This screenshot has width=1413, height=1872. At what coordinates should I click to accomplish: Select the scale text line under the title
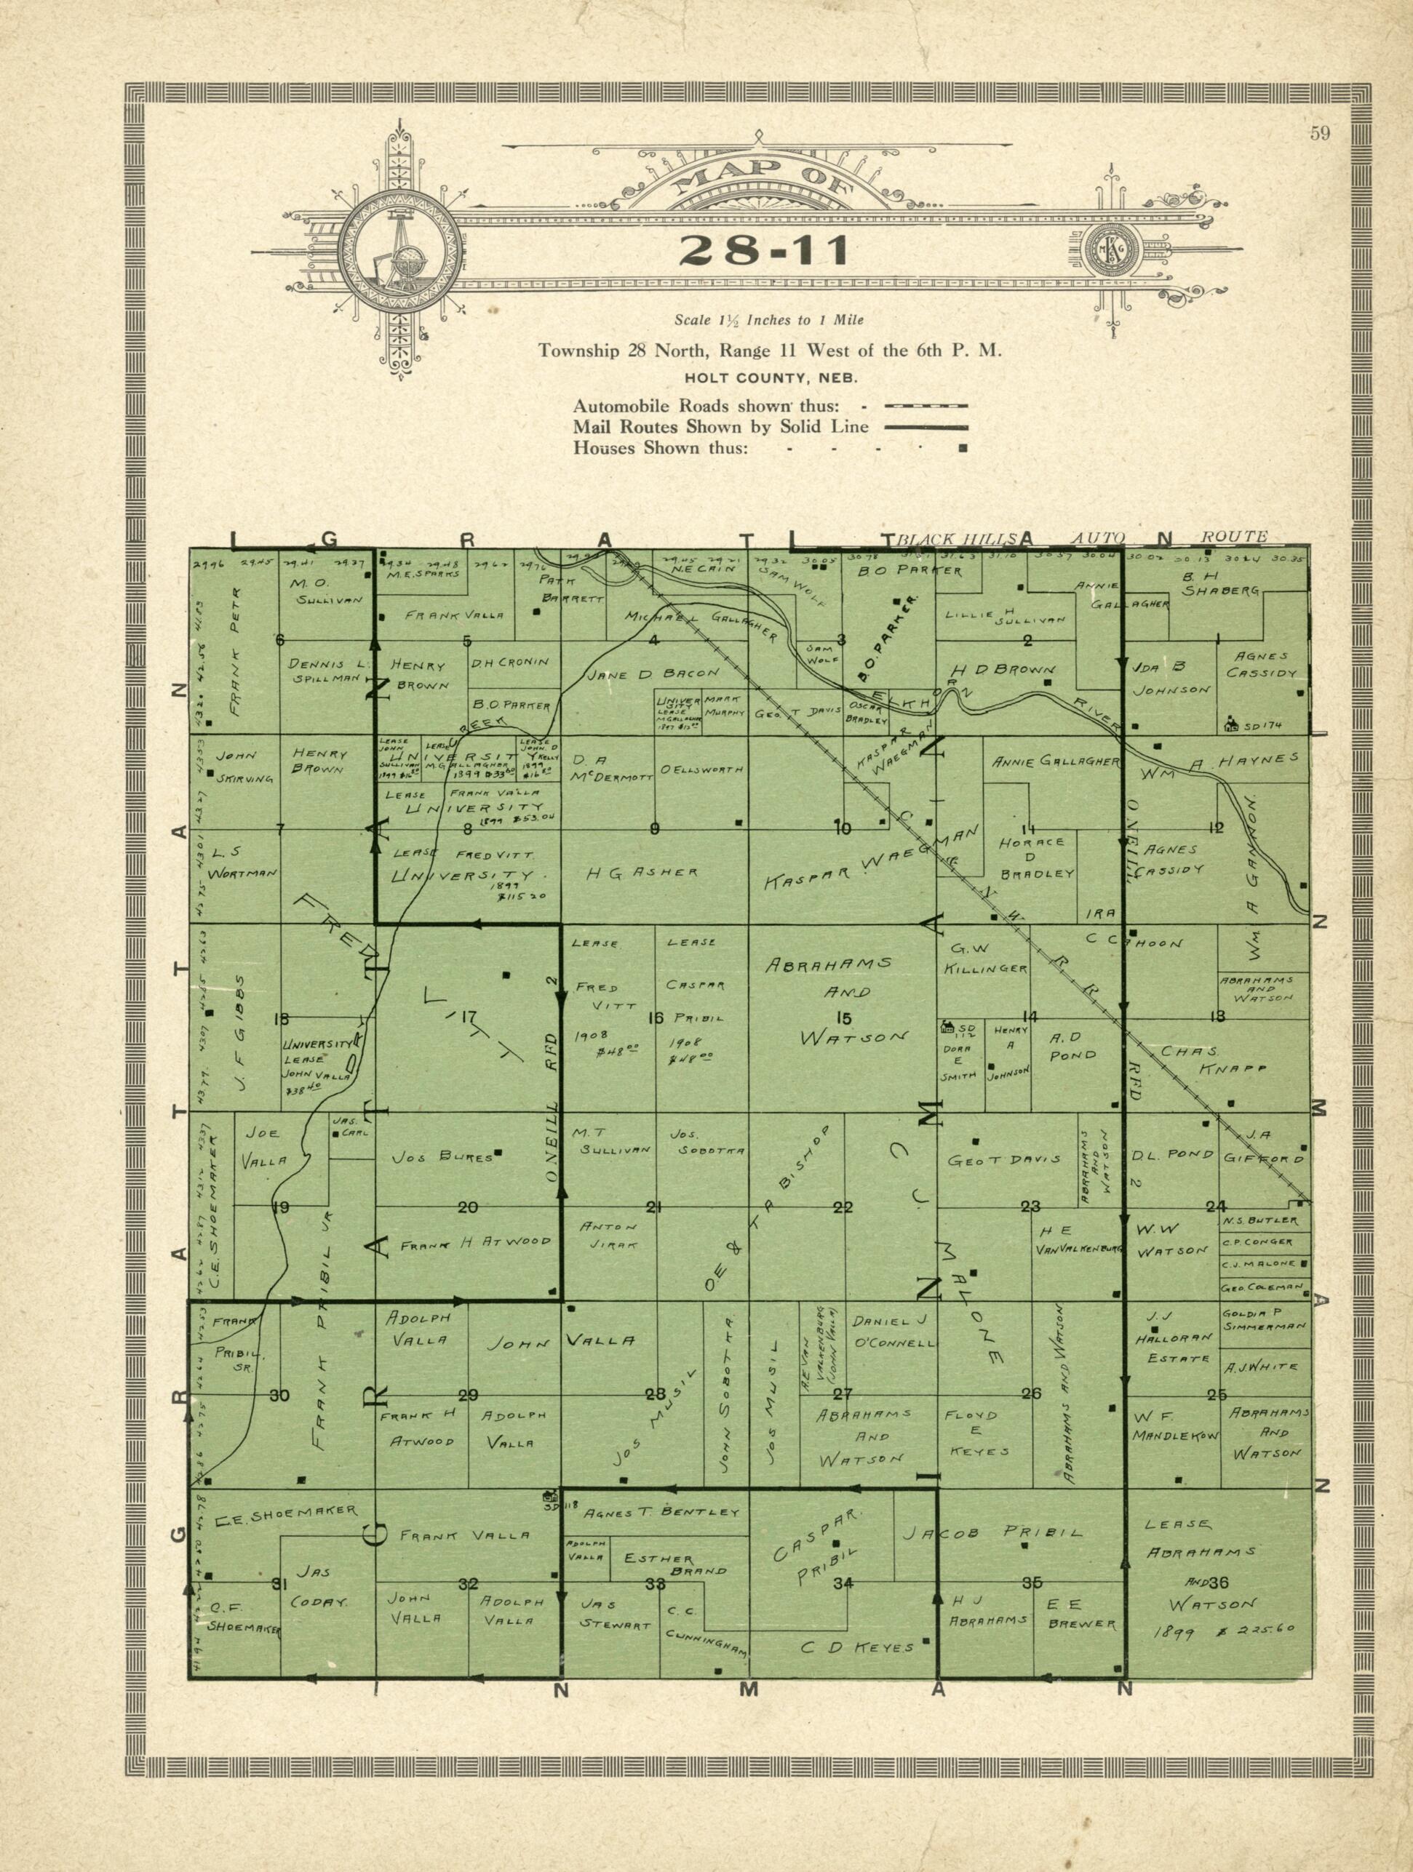769,321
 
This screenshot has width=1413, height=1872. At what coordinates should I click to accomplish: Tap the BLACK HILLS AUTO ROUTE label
1083,537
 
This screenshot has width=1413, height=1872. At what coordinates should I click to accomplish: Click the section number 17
467,1018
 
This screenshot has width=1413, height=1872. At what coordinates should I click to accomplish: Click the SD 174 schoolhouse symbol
1230,724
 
